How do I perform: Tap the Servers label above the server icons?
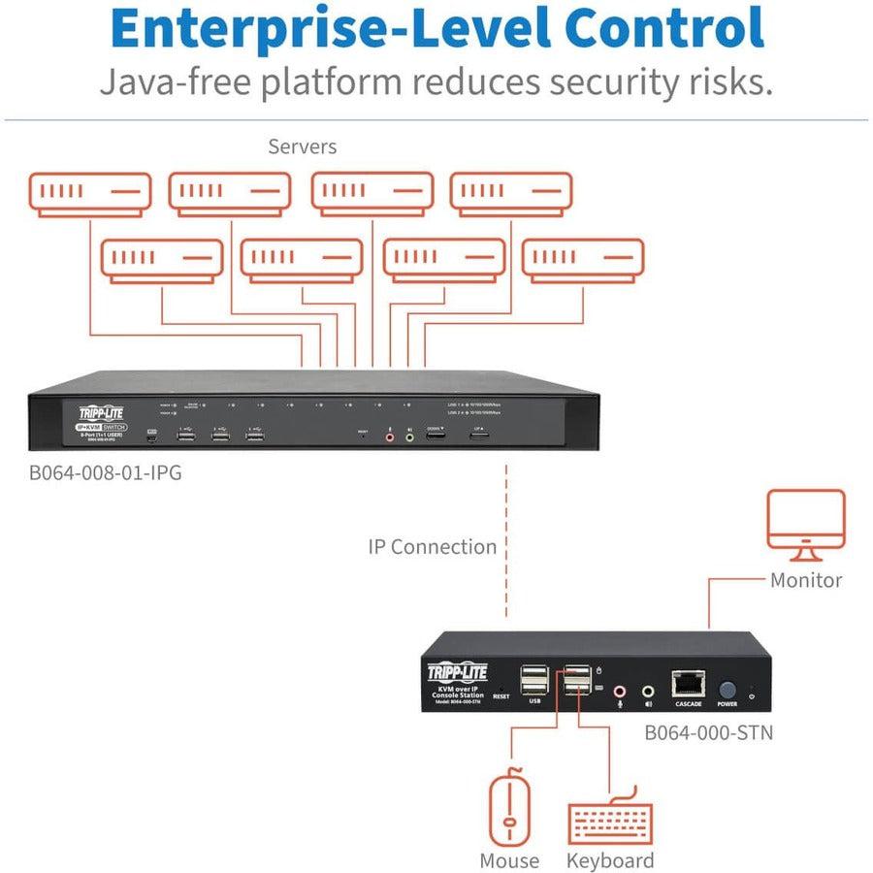pyautogui.click(x=303, y=147)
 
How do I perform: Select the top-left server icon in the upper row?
pyautogui.click(x=89, y=193)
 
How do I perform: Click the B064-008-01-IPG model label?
pyautogui.click(x=105, y=475)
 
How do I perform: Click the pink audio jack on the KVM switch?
pyautogui.click(x=390, y=437)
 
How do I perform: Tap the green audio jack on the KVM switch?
pyautogui.click(x=409, y=437)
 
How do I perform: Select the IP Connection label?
pyautogui.click(x=432, y=547)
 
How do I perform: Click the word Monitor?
pyautogui.click(x=805, y=581)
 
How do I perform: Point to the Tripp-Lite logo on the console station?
pyautogui.click(x=458, y=672)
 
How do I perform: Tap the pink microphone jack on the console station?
pyautogui.click(x=622, y=690)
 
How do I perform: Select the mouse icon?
pyautogui.click(x=508, y=806)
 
